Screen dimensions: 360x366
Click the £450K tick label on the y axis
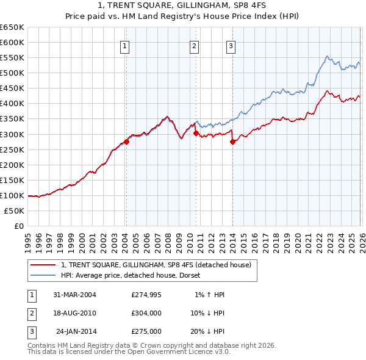click(x=12, y=88)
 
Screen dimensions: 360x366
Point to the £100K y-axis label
click(x=12, y=195)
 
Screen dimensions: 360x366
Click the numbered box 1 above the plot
click(x=124, y=46)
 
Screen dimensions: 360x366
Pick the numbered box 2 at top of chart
click(x=194, y=46)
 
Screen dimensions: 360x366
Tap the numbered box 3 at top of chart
click(x=232, y=46)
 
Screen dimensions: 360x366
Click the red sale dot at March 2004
click(x=126, y=142)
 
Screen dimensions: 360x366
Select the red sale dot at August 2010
click(x=196, y=132)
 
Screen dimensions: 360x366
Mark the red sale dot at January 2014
click(x=233, y=142)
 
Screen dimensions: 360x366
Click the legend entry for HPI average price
click(x=134, y=275)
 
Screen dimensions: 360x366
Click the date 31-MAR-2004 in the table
click(x=75, y=295)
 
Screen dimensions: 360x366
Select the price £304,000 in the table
click(x=146, y=313)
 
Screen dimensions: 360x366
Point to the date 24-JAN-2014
click(x=76, y=331)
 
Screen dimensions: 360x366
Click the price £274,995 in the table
click(x=146, y=295)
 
